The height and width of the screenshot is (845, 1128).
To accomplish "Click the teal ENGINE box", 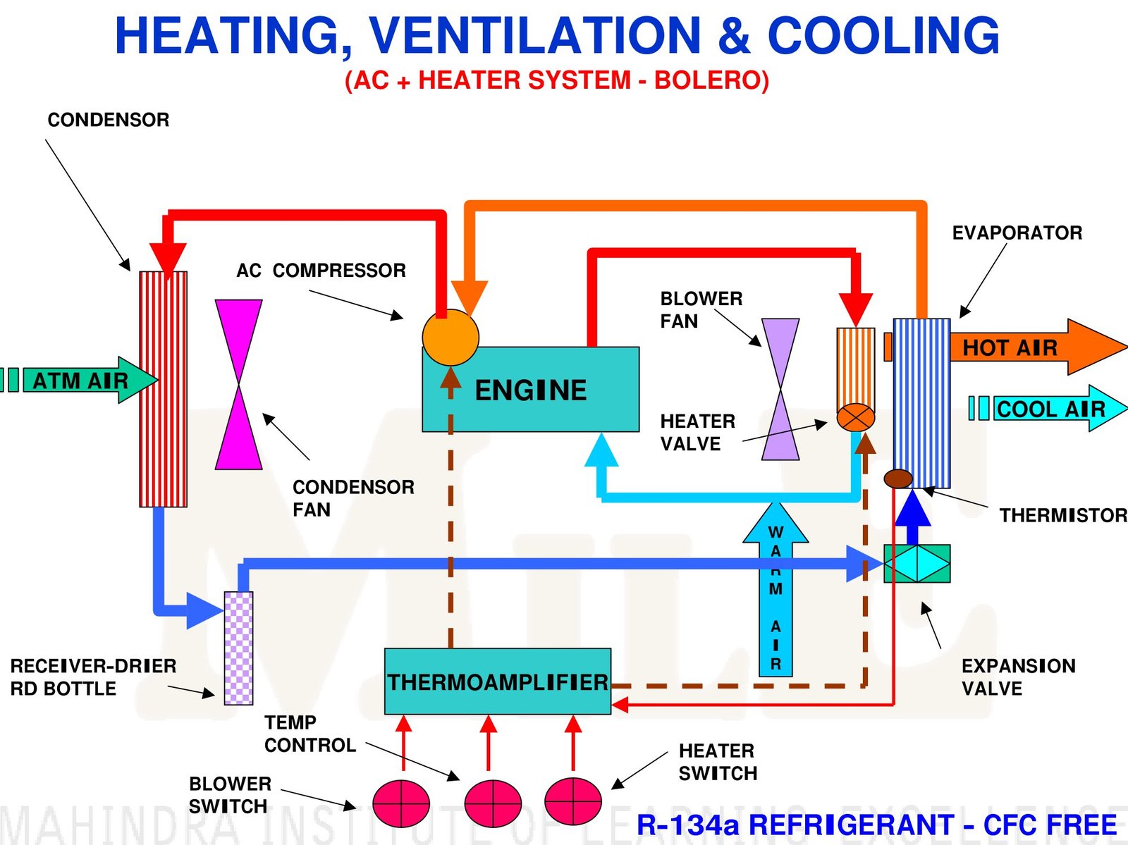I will click(x=530, y=389).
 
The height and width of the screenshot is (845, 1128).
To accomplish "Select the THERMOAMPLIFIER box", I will click(x=497, y=681).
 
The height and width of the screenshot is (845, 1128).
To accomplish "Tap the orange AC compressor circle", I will click(x=450, y=338).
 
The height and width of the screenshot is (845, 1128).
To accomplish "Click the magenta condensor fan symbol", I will click(x=238, y=385).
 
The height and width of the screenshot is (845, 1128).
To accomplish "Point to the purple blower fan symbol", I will click(x=780, y=389).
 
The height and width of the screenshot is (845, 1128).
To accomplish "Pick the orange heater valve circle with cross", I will click(x=855, y=417).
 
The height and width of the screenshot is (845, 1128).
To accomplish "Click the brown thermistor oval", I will click(x=898, y=479).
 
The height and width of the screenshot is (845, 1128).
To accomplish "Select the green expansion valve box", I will click(x=916, y=563).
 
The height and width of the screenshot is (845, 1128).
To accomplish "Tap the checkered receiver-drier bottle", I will click(x=238, y=648).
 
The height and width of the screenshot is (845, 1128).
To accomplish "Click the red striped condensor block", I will click(x=163, y=389).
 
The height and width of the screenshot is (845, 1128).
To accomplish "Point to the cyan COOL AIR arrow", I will click(x=1050, y=408).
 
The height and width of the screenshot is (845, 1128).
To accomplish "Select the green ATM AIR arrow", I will click(x=81, y=381).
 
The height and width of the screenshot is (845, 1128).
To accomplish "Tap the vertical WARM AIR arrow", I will click(x=775, y=592).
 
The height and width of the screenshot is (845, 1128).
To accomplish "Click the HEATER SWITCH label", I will click(x=717, y=762).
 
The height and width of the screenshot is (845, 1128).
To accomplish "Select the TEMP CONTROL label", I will click(x=309, y=734).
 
